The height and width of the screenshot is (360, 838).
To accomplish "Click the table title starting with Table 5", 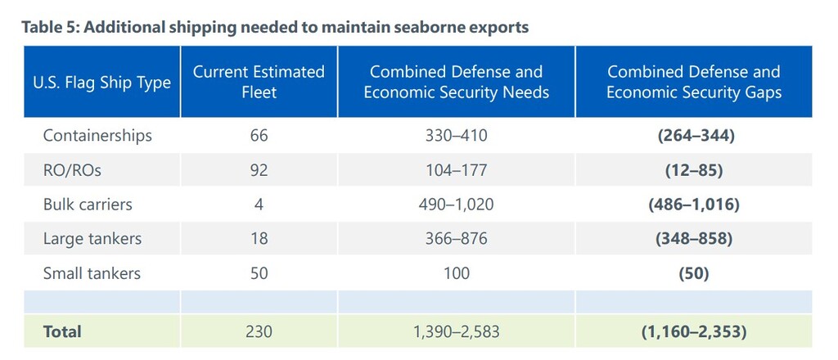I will (x=275, y=27).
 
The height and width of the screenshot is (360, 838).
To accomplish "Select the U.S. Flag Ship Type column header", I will (x=102, y=83).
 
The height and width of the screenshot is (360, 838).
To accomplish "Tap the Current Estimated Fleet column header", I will (x=259, y=83).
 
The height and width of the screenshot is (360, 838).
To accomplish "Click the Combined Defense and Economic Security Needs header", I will (x=456, y=83).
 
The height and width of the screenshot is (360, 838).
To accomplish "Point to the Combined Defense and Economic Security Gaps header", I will (x=694, y=83).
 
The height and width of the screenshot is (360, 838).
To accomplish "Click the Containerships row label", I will (x=97, y=136).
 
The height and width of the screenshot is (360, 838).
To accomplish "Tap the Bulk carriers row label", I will (x=88, y=205).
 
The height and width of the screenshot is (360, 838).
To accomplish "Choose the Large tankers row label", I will (x=92, y=239).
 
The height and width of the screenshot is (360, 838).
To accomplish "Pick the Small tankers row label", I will (x=92, y=273).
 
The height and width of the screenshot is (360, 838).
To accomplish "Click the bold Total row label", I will (x=62, y=331).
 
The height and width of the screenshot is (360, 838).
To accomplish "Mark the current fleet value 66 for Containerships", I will (x=259, y=136).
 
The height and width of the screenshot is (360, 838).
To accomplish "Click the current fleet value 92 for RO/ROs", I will (x=259, y=170).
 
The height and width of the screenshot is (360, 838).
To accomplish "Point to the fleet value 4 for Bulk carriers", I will (x=259, y=205).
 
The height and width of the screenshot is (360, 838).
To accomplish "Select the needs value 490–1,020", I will (x=456, y=205).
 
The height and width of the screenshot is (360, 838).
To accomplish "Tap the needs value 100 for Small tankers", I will (x=456, y=273).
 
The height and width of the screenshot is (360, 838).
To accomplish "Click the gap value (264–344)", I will (x=696, y=136).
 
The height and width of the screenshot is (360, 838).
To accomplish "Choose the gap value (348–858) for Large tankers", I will (x=696, y=239).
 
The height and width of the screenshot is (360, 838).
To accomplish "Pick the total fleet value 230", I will (x=259, y=331).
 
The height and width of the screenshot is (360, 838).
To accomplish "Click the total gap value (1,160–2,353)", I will (x=696, y=331).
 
